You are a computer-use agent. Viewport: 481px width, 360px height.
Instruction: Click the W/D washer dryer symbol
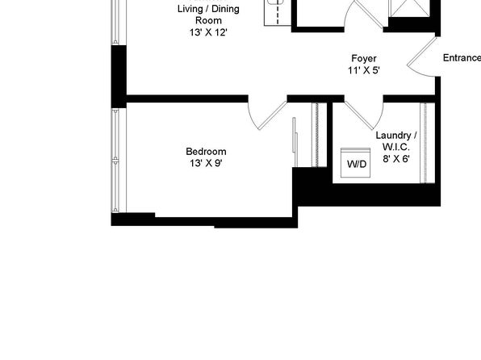click(x=355, y=163)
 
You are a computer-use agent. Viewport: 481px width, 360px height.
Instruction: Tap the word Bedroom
click(x=206, y=151)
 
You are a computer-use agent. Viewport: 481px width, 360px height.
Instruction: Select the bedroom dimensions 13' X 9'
click(x=206, y=163)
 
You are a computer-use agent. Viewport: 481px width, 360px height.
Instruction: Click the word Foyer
click(x=364, y=58)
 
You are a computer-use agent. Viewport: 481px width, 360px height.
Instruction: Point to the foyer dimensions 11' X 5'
click(x=364, y=70)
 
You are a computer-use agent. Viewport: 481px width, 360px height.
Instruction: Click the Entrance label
click(x=462, y=57)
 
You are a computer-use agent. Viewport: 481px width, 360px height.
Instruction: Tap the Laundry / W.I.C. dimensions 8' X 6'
click(x=396, y=159)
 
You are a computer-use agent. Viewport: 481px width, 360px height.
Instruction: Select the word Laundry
click(x=393, y=136)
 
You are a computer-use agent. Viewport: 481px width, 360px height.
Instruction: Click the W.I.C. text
click(x=396, y=148)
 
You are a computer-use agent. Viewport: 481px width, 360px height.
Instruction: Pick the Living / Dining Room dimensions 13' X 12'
click(x=208, y=32)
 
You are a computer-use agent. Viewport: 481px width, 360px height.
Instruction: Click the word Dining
click(x=225, y=9)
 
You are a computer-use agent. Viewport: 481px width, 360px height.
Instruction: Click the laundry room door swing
click(x=365, y=115)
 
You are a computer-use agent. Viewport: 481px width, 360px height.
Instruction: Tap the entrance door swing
click(x=421, y=58)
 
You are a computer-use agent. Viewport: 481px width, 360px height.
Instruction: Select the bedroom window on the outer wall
click(x=115, y=160)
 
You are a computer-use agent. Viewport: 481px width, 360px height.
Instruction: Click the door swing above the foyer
click(x=364, y=14)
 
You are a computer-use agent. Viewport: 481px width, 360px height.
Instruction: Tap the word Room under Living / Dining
click(x=208, y=20)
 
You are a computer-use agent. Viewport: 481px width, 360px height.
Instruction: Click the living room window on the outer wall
click(x=115, y=22)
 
